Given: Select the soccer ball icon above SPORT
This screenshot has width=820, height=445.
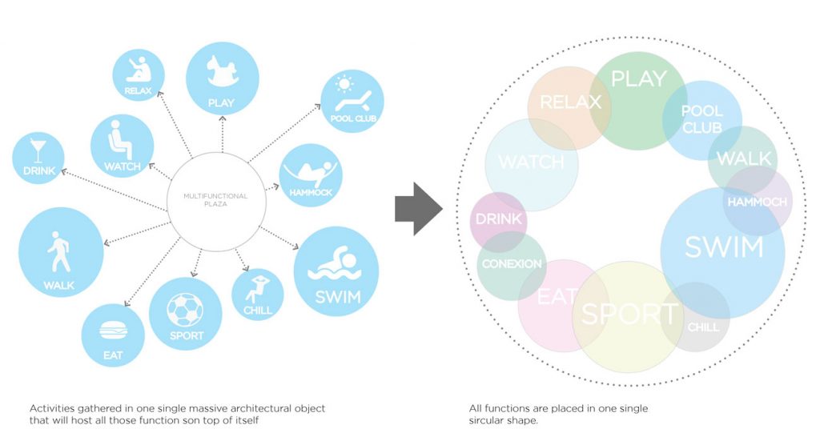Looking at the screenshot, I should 185,309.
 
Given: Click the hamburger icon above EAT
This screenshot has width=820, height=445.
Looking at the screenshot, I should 112,331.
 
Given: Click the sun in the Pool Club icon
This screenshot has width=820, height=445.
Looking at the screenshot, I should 345,82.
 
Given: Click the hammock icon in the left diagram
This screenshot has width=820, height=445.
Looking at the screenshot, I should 311,171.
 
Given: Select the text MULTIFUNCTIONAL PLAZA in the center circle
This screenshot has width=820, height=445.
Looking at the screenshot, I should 215,200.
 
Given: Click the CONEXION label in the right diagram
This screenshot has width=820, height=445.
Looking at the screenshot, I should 512,263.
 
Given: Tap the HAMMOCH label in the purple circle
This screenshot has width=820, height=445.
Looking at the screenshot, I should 757,202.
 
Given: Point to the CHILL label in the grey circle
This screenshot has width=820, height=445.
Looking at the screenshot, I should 703,327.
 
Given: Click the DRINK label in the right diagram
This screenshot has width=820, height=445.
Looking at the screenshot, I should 498,219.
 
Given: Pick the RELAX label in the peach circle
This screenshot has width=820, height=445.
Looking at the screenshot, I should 570,102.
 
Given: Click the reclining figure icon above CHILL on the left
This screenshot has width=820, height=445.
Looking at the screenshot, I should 258,287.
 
